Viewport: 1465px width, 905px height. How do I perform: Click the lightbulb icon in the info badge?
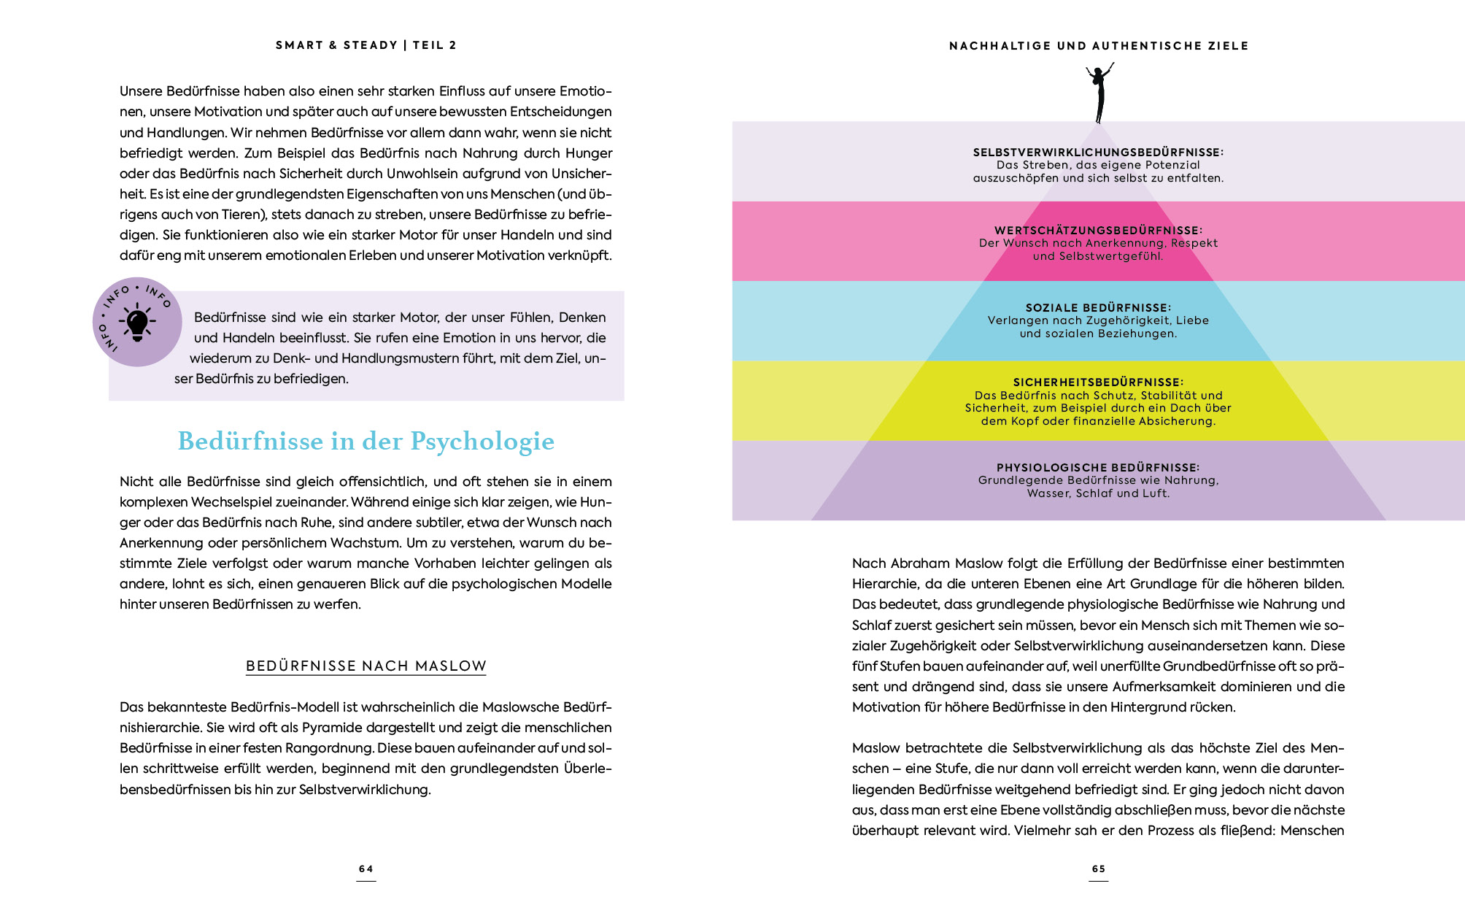(x=137, y=323)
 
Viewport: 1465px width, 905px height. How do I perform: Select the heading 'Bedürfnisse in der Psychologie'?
(x=366, y=442)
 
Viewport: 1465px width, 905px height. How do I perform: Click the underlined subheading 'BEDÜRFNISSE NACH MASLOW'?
(x=366, y=666)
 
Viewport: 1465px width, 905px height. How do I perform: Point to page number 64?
(x=366, y=869)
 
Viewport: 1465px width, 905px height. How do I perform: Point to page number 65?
(x=1098, y=869)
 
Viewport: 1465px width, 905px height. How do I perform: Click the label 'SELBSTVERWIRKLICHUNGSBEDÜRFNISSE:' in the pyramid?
(x=1098, y=153)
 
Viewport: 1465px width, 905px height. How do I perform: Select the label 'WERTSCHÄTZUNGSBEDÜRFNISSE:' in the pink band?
(x=1098, y=231)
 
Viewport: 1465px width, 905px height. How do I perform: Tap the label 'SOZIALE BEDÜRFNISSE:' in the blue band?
(x=1098, y=308)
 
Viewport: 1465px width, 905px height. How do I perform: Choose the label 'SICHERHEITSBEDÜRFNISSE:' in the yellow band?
(x=1098, y=382)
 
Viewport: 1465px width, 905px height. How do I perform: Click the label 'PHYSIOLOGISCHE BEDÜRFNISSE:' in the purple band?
(x=1098, y=468)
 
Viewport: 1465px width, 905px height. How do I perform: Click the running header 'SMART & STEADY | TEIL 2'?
(x=366, y=45)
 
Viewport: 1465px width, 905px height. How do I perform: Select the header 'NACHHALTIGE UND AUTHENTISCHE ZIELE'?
(x=1098, y=46)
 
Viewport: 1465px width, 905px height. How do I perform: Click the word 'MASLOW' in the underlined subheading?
(x=450, y=666)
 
